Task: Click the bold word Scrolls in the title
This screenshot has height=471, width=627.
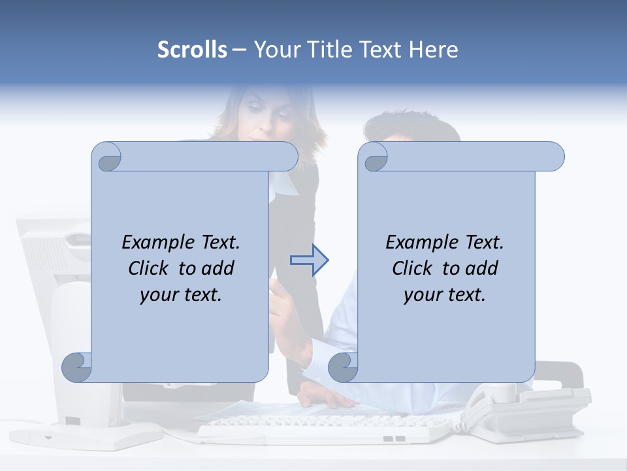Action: [192, 50]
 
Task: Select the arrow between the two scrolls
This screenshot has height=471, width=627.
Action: [309, 260]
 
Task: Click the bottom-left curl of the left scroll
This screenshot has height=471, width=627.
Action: [77, 367]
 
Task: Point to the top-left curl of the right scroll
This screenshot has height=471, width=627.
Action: [374, 158]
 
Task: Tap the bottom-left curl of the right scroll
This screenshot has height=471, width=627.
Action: [343, 367]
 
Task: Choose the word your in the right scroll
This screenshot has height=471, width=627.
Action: [421, 294]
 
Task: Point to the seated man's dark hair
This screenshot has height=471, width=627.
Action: [411, 128]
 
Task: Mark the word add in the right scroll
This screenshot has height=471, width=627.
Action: [483, 268]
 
